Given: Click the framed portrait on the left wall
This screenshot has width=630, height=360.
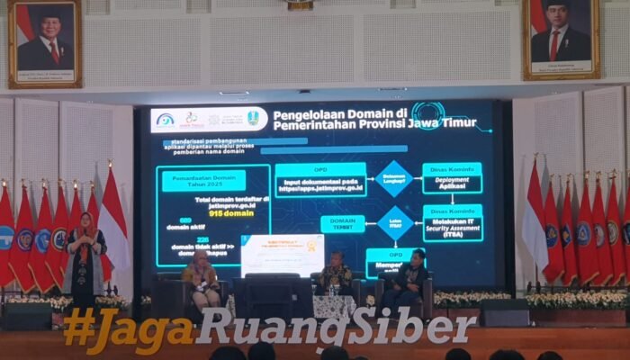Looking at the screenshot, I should pyautogui.click(x=45, y=42).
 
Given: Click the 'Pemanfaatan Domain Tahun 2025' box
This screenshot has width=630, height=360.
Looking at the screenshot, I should pyautogui.click(x=203, y=181).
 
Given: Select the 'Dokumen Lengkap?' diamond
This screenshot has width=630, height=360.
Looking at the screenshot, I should pyautogui.click(x=394, y=178).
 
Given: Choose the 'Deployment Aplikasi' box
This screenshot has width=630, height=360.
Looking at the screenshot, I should pyautogui.click(x=451, y=177).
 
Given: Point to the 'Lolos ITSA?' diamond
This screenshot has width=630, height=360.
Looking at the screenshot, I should pyautogui.click(x=394, y=223).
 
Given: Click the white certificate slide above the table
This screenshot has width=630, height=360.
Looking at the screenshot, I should pyautogui.click(x=282, y=255).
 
